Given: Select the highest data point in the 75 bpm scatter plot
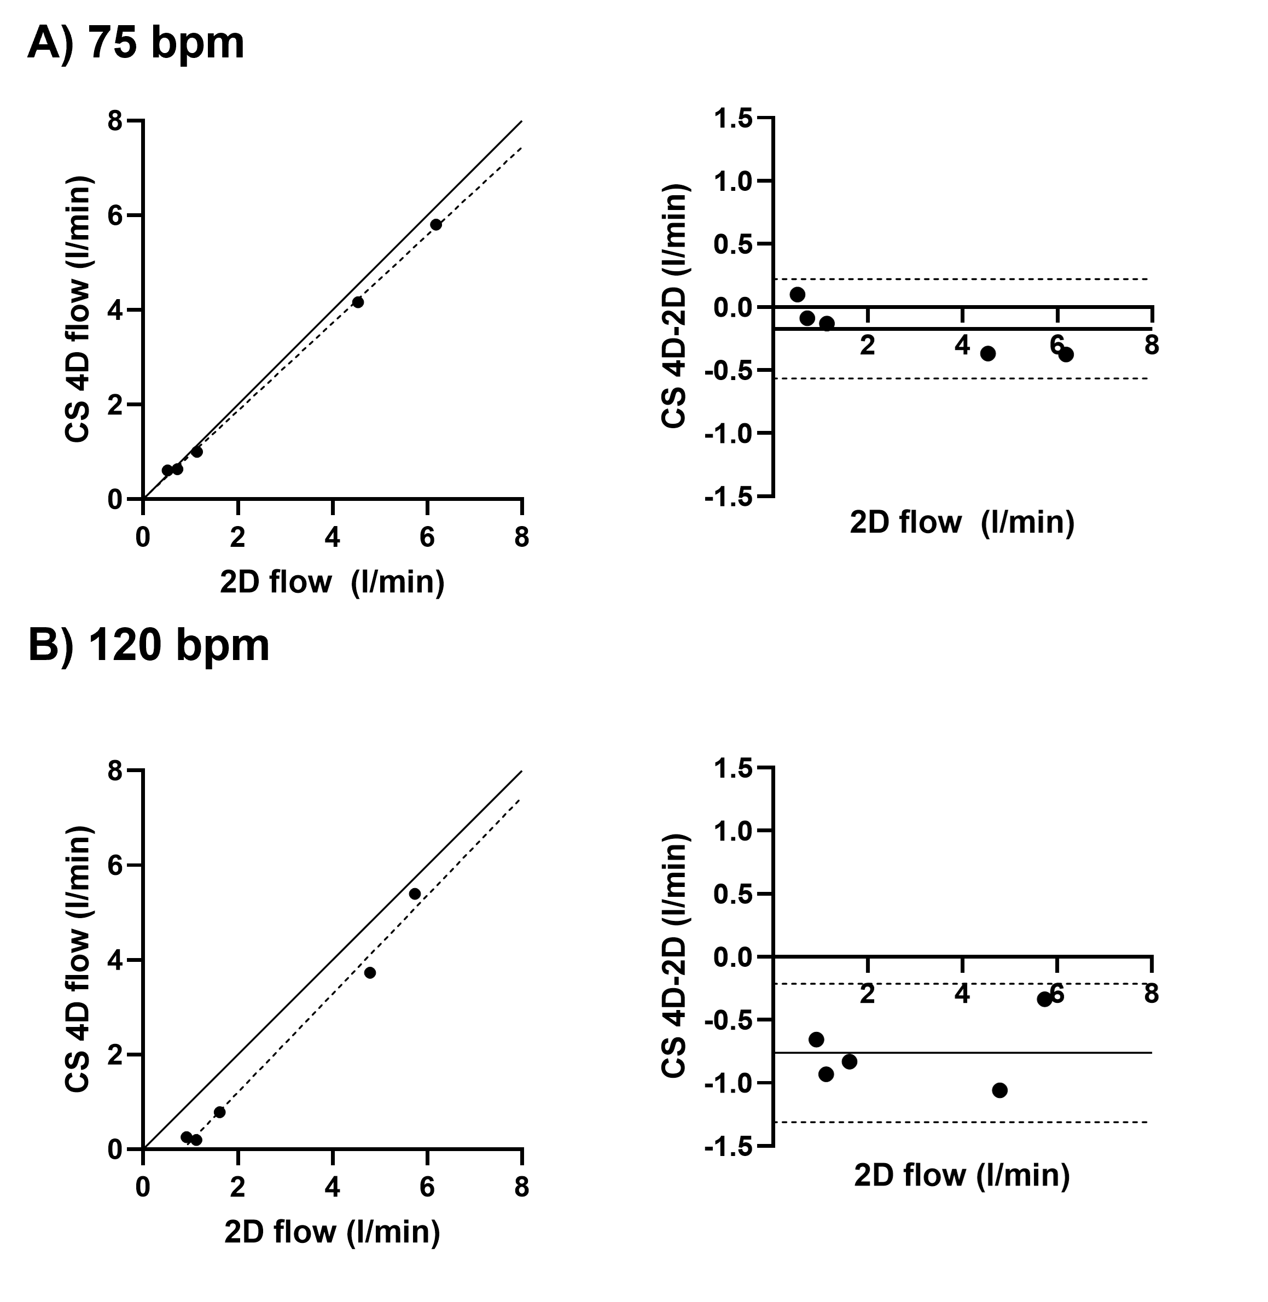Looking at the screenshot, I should pos(435,224).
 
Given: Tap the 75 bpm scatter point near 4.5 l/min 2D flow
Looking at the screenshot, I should pos(358,302).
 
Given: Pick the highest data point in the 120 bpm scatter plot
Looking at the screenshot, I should pos(414,894).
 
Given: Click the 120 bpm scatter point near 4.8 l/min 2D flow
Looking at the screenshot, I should pos(370,972).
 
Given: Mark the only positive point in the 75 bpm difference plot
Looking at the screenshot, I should pos(797,294).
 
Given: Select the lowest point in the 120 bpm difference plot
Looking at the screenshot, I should pos(999,1090).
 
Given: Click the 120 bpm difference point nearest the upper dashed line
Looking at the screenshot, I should pos(1044,999).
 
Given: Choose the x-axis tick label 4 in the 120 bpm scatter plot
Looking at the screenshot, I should pos(333,1188).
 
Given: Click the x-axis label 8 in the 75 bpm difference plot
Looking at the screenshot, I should pos(1151,346).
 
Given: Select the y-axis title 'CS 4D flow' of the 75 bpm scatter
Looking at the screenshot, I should pos(78,310).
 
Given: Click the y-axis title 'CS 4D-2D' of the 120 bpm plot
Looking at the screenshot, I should pos(674,956).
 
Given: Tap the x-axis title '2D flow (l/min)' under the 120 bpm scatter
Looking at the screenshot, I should pos(333,1231).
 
